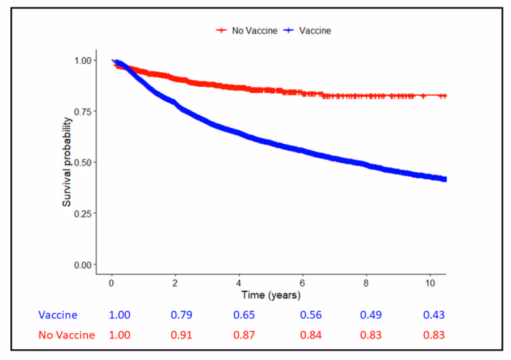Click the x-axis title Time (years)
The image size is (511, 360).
click(270, 296)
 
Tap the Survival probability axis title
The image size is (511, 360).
click(66, 163)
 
